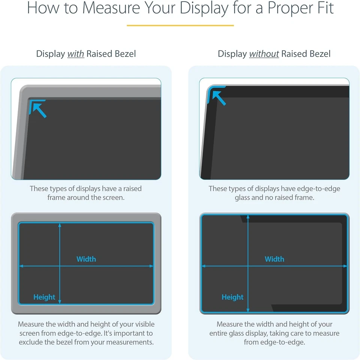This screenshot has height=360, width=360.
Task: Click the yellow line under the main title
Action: pyautogui.click(x=180, y=26)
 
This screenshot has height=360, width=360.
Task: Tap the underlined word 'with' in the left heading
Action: pyautogui.click(x=75, y=54)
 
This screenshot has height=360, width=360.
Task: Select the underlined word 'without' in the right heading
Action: pyautogui.click(x=264, y=54)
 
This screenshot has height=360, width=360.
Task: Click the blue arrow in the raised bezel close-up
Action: pyautogui.click(x=39, y=109)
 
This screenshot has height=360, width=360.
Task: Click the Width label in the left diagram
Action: pyautogui.click(x=86, y=259)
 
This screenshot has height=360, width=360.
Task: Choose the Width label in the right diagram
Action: pyautogui.click(x=274, y=259)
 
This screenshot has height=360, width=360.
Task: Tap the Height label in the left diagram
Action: pyautogui.click(x=44, y=297)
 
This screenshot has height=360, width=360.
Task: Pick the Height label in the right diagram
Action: pyautogui.click(x=232, y=297)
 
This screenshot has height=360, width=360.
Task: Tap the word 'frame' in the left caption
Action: pyautogui.click(x=56, y=197)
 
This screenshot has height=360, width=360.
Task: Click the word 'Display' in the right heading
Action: pyautogui.click(x=232, y=54)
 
